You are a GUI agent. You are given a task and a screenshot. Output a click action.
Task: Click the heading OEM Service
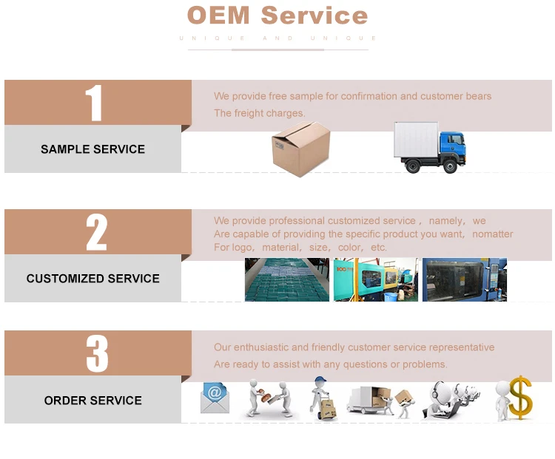(x=277, y=16)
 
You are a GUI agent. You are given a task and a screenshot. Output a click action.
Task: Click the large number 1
(x=93, y=103)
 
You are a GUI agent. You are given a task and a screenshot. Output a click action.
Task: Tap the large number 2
(x=96, y=232)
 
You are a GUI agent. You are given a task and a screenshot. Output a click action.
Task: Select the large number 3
(x=96, y=353)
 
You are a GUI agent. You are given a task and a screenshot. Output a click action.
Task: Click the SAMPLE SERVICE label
(x=92, y=149)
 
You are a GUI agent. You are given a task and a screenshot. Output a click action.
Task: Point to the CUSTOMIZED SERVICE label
(x=92, y=279)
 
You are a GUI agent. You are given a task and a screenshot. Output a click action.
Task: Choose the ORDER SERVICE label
(x=92, y=401)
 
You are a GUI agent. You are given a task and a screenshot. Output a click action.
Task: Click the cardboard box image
(x=300, y=149)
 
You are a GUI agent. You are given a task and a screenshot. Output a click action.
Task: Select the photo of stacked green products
(x=286, y=279)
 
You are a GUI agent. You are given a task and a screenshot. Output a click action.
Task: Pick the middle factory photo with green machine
(x=375, y=279)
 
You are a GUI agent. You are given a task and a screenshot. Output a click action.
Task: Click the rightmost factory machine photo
(x=464, y=279)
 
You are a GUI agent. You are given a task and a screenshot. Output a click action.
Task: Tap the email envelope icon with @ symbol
(x=215, y=398)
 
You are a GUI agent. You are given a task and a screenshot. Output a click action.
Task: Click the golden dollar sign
(x=520, y=398)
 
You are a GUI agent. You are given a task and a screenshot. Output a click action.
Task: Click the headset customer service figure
(x=449, y=399)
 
